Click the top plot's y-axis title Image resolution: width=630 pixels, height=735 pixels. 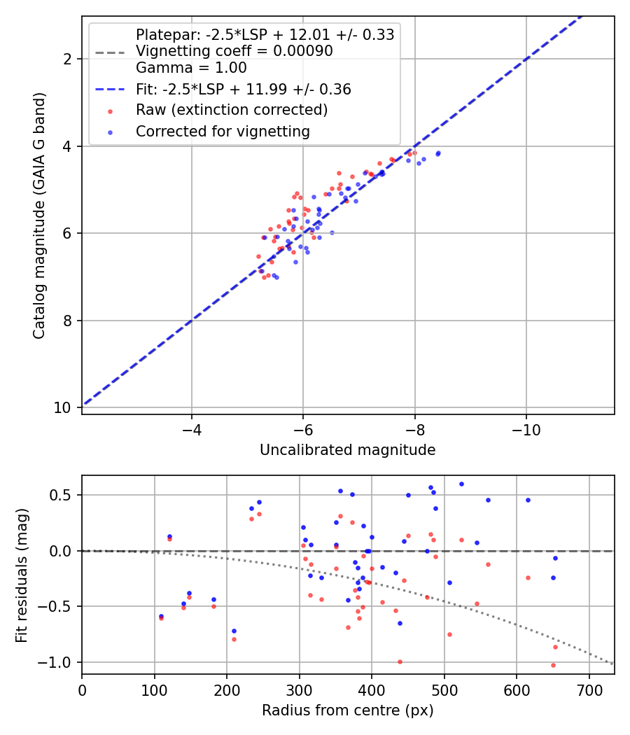pyautogui.click(x=39, y=216)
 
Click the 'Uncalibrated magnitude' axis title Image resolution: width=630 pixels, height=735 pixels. pyautogui.click(x=347, y=450)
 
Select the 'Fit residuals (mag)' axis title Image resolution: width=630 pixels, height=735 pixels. pyautogui.click(x=22, y=575)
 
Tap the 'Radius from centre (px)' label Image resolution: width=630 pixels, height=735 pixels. pyautogui.click(x=347, y=710)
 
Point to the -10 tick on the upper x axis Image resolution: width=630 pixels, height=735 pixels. pyautogui.click(x=526, y=430)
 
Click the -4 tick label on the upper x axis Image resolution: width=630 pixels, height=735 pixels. pyautogui.click(x=191, y=430)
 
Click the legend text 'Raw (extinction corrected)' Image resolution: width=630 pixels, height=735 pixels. pyautogui.click(x=232, y=110)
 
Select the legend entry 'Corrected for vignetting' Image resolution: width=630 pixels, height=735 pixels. pyautogui.click(x=223, y=132)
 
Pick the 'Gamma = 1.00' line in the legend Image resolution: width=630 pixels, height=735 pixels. pyautogui.click(x=191, y=68)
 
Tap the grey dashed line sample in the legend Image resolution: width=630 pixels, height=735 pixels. pyautogui.click(x=110, y=52)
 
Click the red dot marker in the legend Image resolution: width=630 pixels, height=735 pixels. pyautogui.click(x=110, y=111)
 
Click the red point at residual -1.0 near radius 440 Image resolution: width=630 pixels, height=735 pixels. pyautogui.click(x=400, y=662)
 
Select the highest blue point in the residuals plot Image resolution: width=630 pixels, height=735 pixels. pyautogui.click(x=461, y=484)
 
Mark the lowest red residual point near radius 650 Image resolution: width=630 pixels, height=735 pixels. pyautogui.click(x=553, y=665)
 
